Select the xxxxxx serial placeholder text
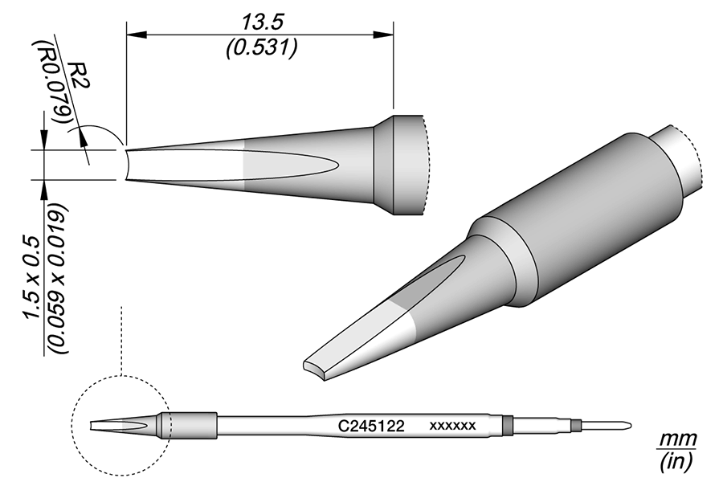454,423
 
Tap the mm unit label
676,439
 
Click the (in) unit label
676,461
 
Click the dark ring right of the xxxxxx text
506,423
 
